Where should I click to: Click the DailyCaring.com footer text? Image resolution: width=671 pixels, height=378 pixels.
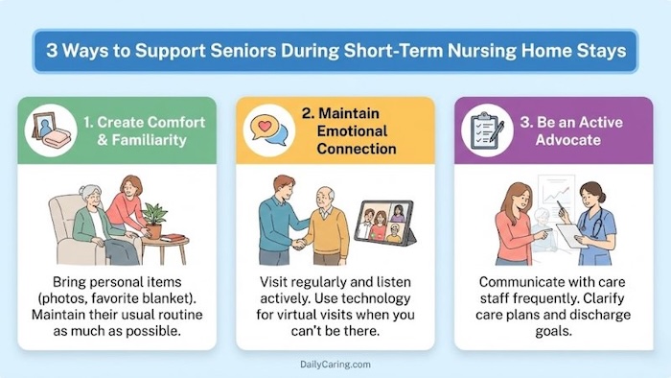coord(335,366)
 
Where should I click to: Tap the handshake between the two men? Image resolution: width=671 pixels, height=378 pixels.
coord(300,244)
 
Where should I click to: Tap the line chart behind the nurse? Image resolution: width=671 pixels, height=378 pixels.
coord(559,195)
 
